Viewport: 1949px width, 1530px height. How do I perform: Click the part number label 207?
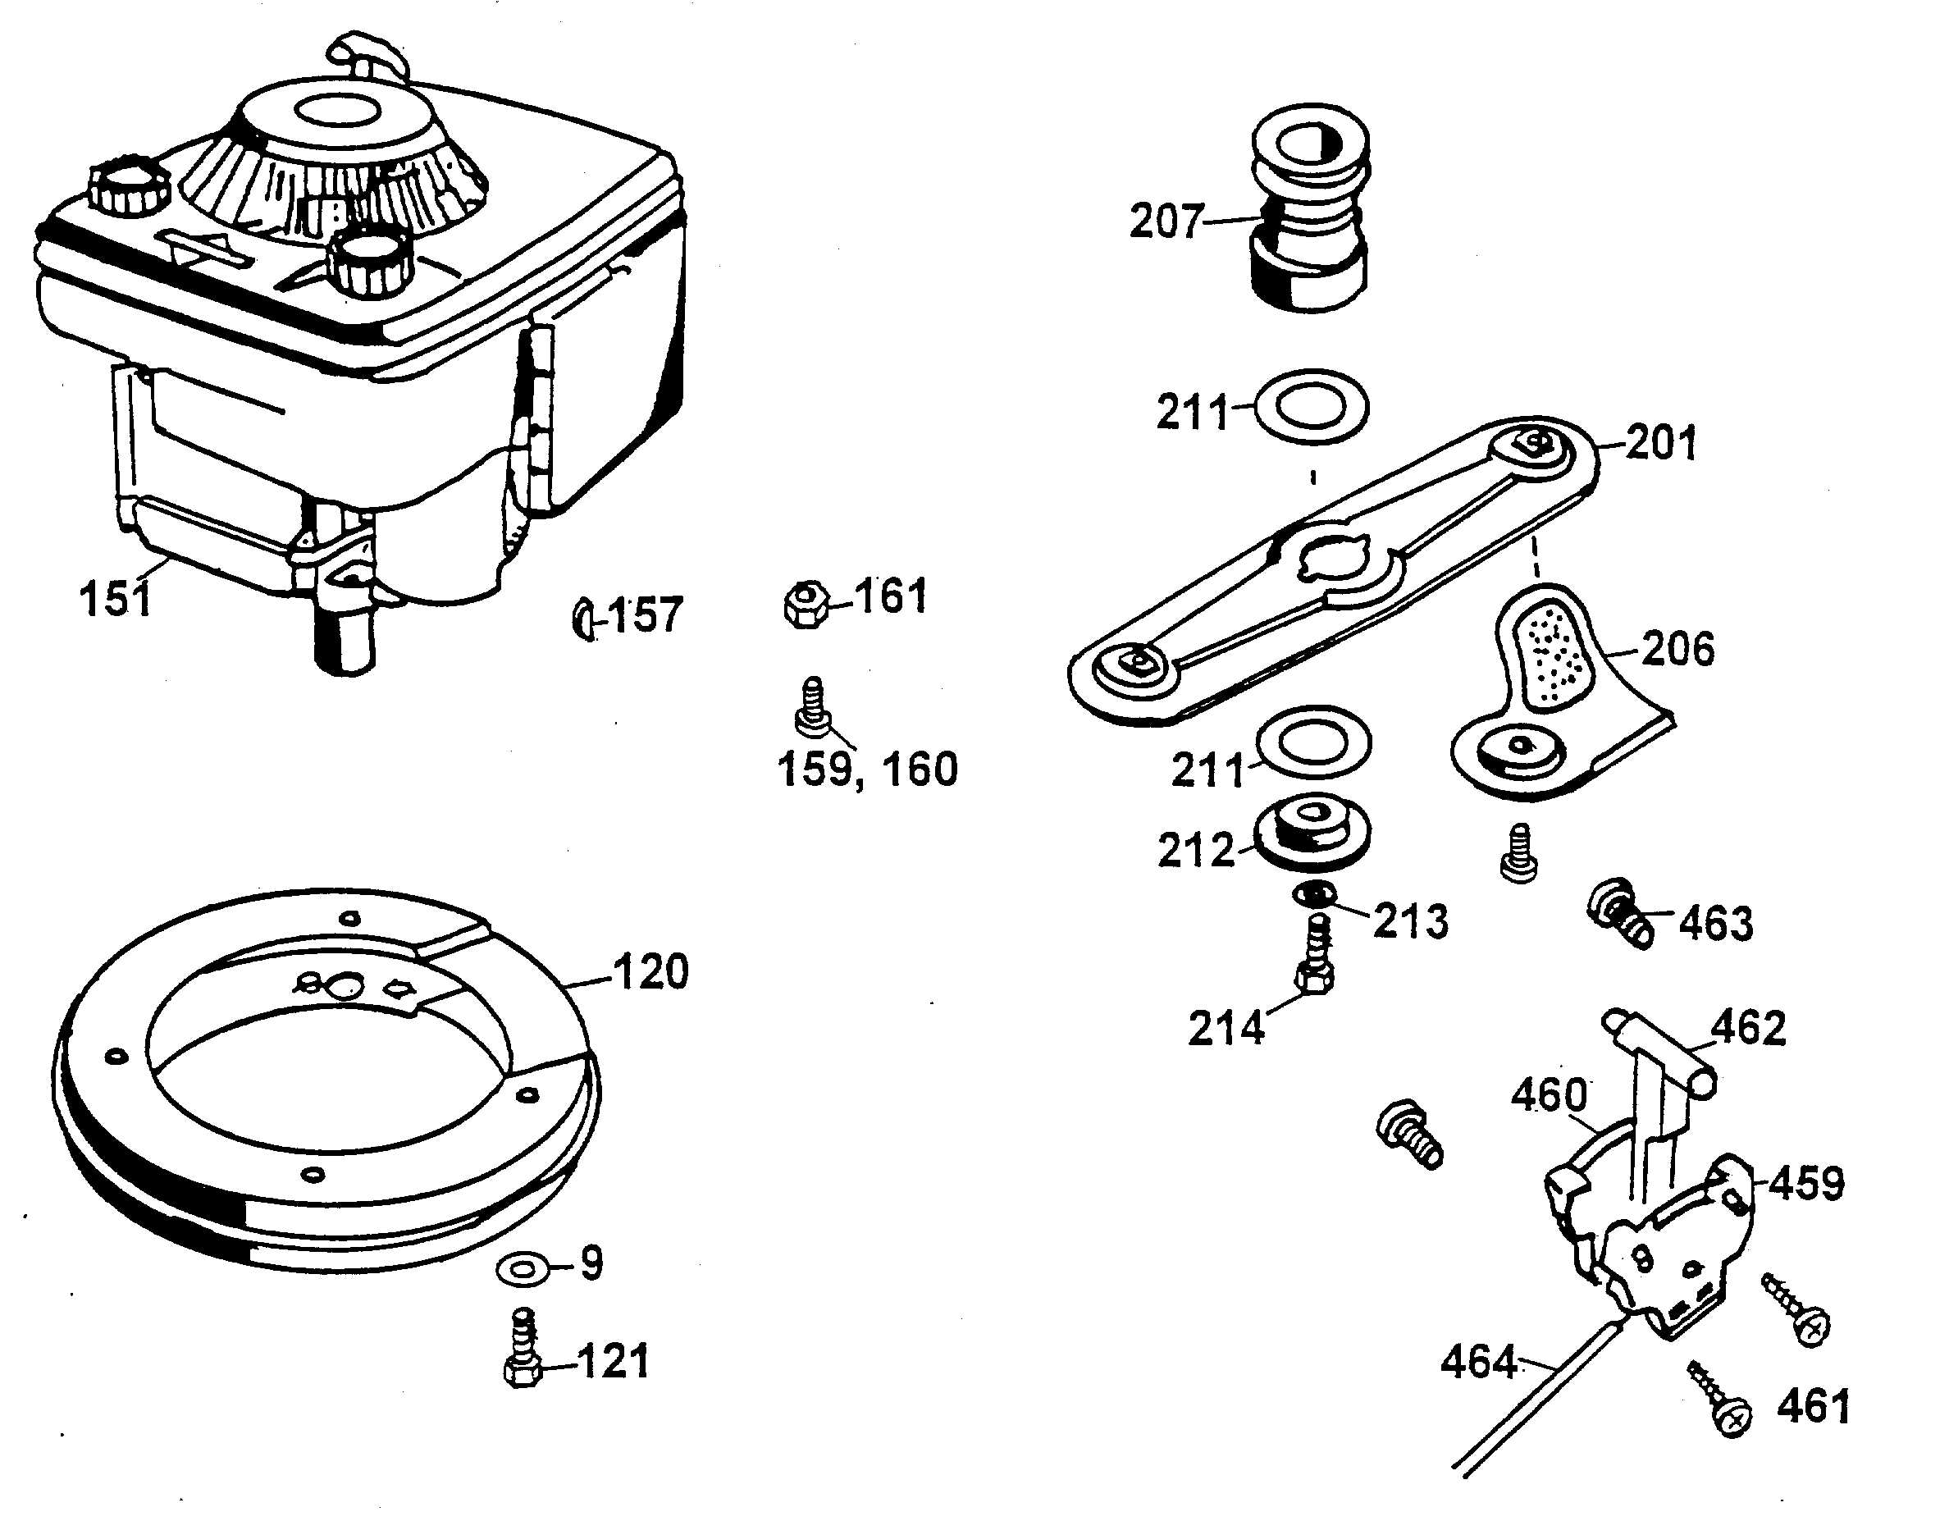[x=1166, y=222]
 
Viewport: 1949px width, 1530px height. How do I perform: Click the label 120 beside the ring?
[x=651, y=973]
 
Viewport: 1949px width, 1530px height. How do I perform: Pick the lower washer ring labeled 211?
[x=1314, y=742]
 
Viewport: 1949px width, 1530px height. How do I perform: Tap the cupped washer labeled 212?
[x=1313, y=834]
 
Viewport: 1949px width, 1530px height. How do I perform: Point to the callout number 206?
[x=1677, y=650]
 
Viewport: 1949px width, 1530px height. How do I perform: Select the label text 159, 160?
[x=868, y=770]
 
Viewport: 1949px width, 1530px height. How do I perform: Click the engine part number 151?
[x=116, y=598]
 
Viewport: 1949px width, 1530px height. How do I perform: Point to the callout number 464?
[x=1479, y=1363]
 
